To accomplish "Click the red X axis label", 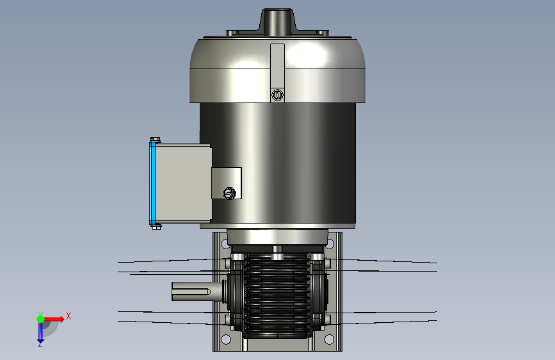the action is [68, 316].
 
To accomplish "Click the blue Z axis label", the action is [40, 344].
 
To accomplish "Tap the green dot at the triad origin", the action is [40, 319].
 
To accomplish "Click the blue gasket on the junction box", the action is [152, 183].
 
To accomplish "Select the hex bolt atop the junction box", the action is [155, 140].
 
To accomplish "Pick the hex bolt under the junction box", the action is [156, 227].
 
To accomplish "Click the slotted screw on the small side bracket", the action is [229, 193].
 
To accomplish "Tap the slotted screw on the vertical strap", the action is [278, 95].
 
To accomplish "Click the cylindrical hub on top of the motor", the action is [277, 22].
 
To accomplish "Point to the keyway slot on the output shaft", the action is [191, 291].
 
